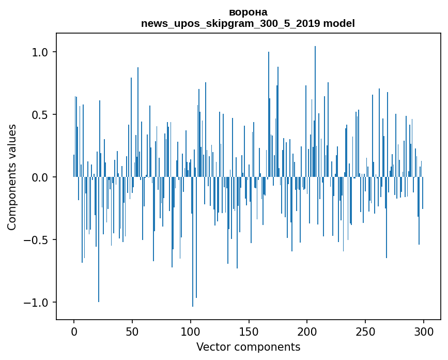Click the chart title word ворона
pos(248,12)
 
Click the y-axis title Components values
pos(12,177)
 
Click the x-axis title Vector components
pos(248,347)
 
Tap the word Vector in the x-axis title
pos(211,347)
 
